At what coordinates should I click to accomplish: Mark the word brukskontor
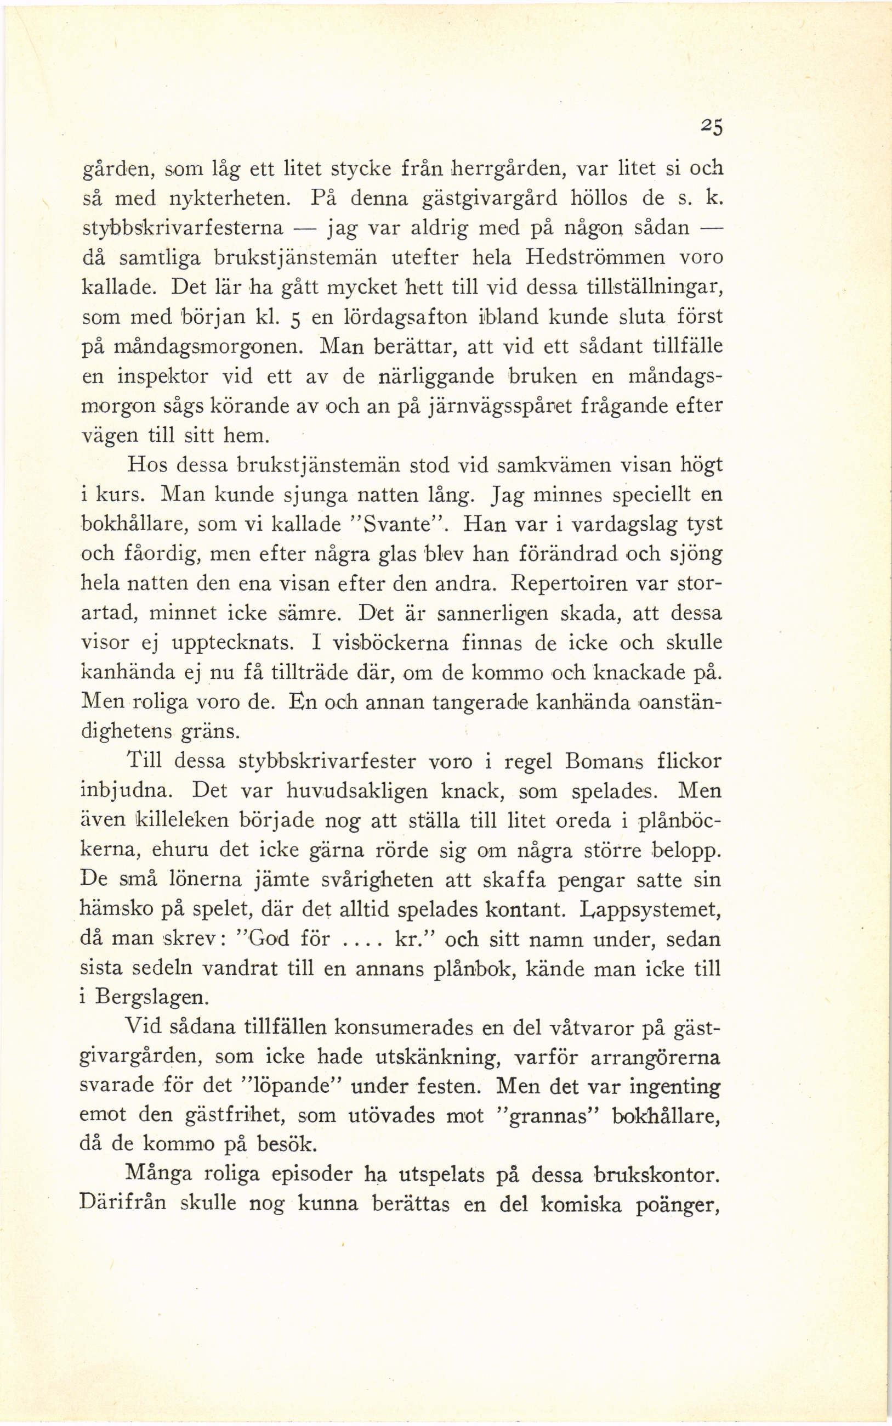pyautogui.click(x=657, y=1176)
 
